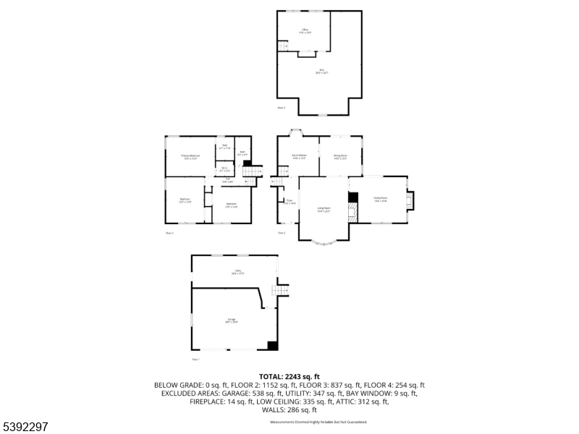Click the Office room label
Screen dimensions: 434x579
pyautogui.click(x=305, y=30)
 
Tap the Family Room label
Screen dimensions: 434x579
pyautogui.click(x=381, y=198)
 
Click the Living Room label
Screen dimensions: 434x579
pyautogui.click(x=324, y=210)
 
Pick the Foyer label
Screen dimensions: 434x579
pyautogui.click(x=289, y=202)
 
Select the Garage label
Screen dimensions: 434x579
pyautogui.click(x=232, y=320)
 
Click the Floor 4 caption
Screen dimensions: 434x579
pyautogui.click(x=282, y=109)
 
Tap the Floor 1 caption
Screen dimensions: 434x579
pyautogui.click(x=195, y=359)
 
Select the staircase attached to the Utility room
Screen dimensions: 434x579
pyautogui.click(x=280, y=290)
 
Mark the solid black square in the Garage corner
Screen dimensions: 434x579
pyautogui.click(x=273, y=346)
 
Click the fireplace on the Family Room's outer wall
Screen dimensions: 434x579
pyautogui.click(x=411, y=200)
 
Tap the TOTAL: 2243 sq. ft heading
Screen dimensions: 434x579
pyautogui.click(x=289, y=377)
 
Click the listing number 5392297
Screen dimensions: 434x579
pyautogui.click(x=26, y=427)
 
